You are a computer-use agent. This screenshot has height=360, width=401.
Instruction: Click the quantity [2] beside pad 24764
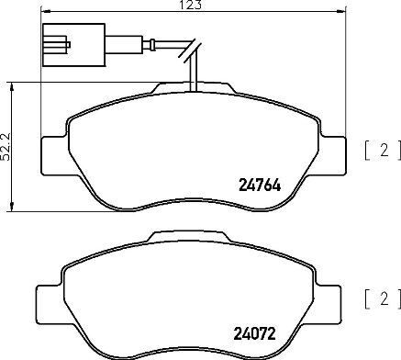[x=380, y=151]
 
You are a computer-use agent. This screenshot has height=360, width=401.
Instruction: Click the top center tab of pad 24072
[x=195, y=238]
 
